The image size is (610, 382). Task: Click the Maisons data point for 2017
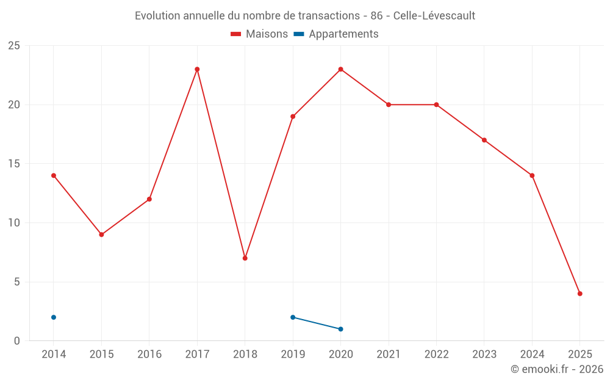point(197,69)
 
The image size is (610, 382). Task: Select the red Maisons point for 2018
point(245,258)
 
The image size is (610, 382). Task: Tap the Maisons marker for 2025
point(579,293)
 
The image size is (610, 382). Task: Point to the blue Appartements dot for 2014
point(54,317)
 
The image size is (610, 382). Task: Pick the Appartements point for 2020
point(340,329)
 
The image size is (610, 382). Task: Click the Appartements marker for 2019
point(293,317)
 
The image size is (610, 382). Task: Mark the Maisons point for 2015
point(101,235)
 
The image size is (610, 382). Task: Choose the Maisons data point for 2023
point(484,140)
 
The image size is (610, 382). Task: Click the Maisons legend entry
point(259,34)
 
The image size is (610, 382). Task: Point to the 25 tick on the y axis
point(14,46)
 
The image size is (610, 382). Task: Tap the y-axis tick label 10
point(14,223)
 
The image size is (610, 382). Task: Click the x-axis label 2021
point(389,354)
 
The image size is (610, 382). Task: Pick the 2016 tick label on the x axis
point(149,354)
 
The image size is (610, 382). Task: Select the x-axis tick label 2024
point(532,354)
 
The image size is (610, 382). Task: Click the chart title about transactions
point(305,15)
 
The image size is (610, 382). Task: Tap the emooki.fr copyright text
point(557,369)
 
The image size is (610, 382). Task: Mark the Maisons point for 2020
point(340,69)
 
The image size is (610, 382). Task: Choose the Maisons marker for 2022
point(436,105)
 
